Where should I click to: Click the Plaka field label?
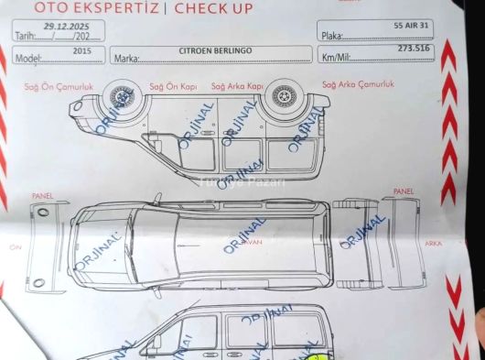pyautogui.click(x=331, y=35)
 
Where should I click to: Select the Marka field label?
pyautogui.click(x=124, y=59)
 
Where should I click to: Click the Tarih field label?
pyautogui.click(x=24, y=36)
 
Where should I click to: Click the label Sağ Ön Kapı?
pyautogui.click(x=173, y=86)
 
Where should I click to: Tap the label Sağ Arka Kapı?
pyautogui.click(x=237, y=86)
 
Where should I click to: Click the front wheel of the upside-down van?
pyautogui.click(x=119, y=95)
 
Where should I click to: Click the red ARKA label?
pyautogui.click(x=434, y=244)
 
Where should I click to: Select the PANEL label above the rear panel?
pyautogui.click(x=403, y=191)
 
